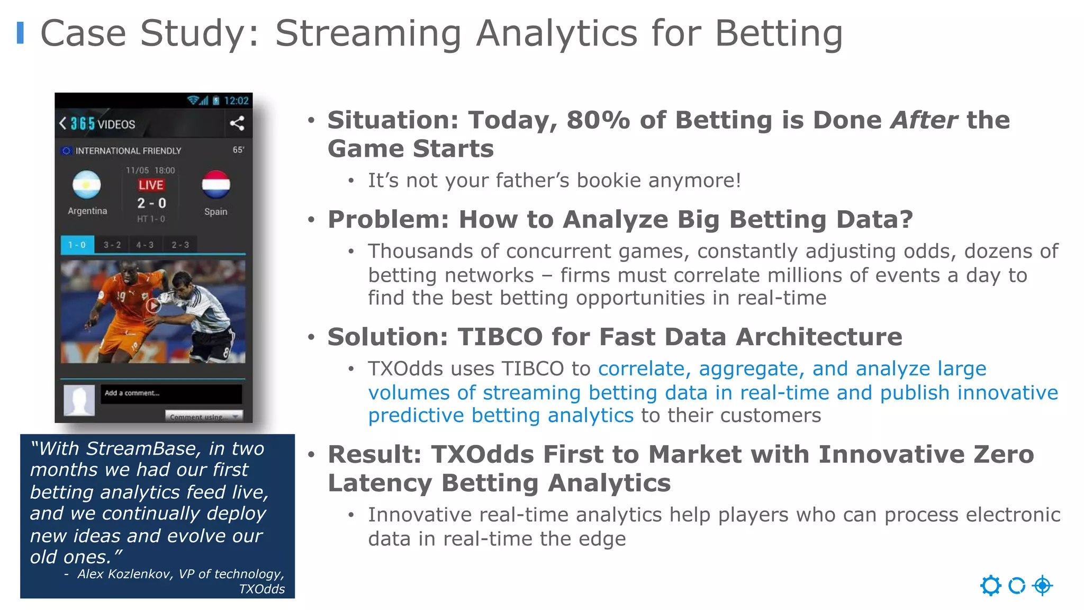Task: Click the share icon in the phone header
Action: tap(237, 123)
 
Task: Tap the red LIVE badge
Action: tap(151, 185)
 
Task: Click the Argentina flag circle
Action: tap(87, 184)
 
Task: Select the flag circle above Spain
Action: tap(216, 184)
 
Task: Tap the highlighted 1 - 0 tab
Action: tap(77, 245)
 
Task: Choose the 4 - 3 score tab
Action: tap(144, 245)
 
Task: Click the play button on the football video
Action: tap(153, 306)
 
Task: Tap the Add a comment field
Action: tap(171, 393)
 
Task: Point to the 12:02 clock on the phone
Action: tap(236, 101)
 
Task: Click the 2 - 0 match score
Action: tap(151, 203)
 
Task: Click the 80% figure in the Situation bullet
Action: tap(598, 120)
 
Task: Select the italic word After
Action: tap(924, 120)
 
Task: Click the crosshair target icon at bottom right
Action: tap(1042, 586)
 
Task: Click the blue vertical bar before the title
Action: tap(20, 33)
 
